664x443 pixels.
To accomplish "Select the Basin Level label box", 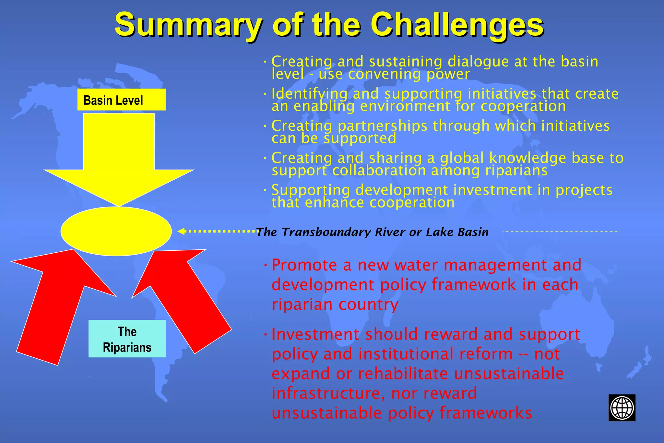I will coord(122,100).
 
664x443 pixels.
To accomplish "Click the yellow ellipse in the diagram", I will coord(116,231).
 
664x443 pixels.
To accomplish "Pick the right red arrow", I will coord(185,298).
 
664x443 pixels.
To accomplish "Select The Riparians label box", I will coord(127,339).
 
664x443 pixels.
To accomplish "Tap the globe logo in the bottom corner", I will coord(622,408).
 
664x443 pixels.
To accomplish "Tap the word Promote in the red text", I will coord(304,265).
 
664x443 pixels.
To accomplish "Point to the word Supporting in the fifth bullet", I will coord(311,190).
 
